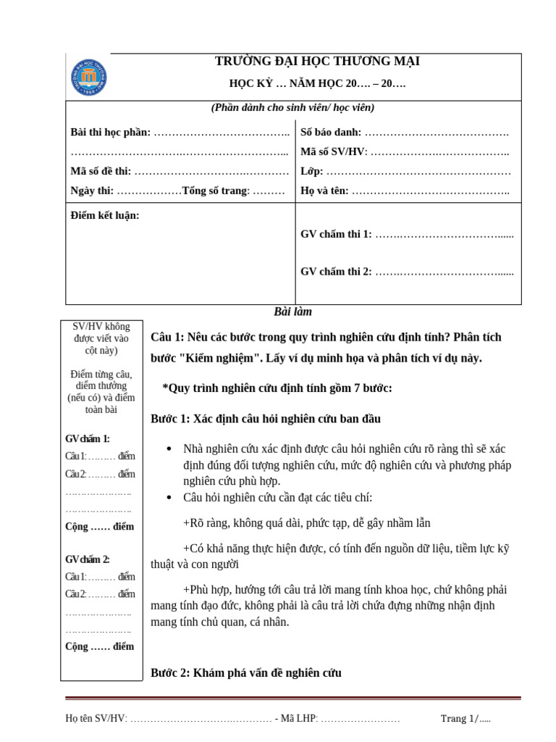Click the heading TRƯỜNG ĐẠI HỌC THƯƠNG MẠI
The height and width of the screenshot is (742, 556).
318,62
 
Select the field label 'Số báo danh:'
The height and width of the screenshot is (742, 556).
330,133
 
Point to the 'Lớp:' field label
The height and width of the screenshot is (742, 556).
312,172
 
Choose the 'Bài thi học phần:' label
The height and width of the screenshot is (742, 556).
111,133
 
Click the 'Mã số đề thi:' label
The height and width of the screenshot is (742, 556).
101,172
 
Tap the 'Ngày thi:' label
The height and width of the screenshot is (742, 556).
92,191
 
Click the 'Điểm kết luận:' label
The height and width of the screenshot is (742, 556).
105,215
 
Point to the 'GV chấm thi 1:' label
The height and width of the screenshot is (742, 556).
336,234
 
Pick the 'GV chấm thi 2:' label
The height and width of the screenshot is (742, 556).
336,272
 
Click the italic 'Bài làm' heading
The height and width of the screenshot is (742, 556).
292,312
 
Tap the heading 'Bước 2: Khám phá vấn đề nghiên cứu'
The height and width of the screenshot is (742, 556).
245,673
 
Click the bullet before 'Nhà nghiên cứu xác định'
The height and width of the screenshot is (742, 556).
169,449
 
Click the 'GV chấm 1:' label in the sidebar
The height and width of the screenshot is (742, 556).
88,439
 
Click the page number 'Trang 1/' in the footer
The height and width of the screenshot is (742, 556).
459,719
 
